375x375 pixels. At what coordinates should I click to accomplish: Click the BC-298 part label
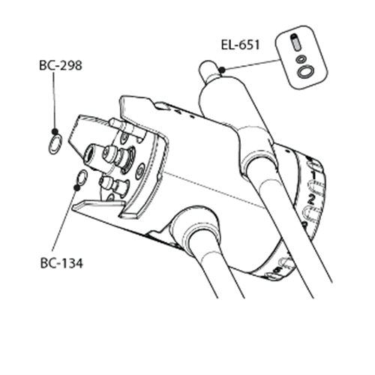point(61,65)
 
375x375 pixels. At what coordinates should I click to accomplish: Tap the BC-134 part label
point(61,263)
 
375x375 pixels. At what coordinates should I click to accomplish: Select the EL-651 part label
point(241,45)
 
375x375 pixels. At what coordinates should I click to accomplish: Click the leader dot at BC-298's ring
point(55,131)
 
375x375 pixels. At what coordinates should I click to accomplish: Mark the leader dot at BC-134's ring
point(77,187)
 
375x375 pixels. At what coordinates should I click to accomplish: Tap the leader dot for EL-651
point(222,70)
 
